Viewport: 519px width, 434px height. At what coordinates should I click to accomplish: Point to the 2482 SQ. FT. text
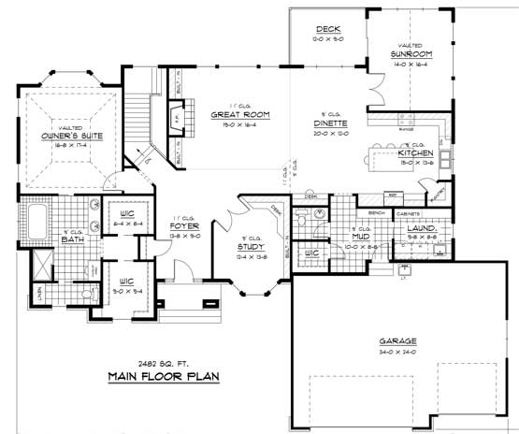point(154,363)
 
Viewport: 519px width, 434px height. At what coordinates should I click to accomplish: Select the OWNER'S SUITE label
point(66,137)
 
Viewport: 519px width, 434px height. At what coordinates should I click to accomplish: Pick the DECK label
point(327,30)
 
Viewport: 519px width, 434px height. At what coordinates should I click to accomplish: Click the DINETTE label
point(332,123)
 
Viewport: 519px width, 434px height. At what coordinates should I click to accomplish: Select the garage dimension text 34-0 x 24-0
point(398,352)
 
